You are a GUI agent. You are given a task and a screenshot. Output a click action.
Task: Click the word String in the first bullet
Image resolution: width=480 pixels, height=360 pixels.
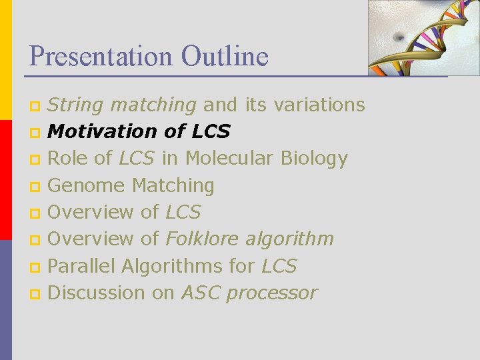(x=75, y=105)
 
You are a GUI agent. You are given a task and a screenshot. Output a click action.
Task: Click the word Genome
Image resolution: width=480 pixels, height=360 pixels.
(x=87, y=185)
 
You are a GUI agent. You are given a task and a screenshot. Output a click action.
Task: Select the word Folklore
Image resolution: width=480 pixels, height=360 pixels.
(x=203, y=239)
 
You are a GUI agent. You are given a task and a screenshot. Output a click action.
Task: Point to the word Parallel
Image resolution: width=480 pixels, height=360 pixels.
(x=82, y=265)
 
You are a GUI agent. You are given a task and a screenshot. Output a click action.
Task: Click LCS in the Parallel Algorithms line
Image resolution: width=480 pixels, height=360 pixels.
(x=279, y=265)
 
